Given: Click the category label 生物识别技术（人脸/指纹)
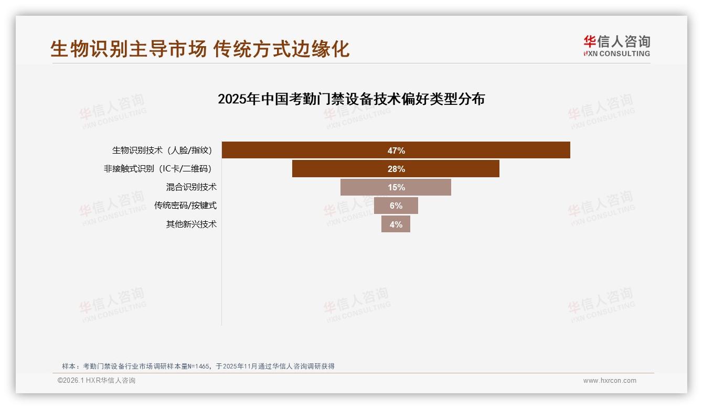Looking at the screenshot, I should tap(162, 150).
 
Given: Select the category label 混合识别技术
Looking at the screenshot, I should tap(191, 187).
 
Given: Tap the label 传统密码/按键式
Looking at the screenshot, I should tap(185, 206).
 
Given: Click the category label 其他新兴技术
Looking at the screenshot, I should tap(191, 224).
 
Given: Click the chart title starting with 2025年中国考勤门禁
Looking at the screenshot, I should tap(351, 99).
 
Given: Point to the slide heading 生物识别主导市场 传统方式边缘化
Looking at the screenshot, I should tap(200, 49).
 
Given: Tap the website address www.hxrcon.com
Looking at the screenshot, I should tap(610, 381).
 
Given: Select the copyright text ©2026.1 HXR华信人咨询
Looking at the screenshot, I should tap(97, 381).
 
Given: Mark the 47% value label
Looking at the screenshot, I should tap(396, 150).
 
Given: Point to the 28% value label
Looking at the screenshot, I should tap(396, 169).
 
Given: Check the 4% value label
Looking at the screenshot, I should tap(396, 224).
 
